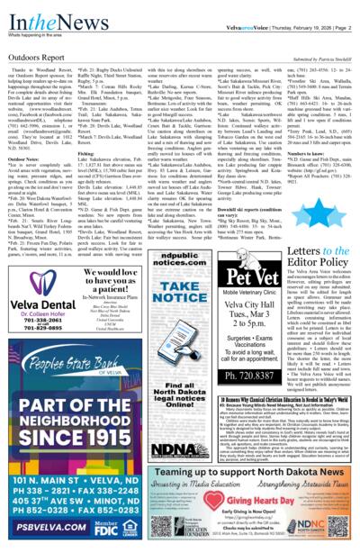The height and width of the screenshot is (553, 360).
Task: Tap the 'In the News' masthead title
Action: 34,11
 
